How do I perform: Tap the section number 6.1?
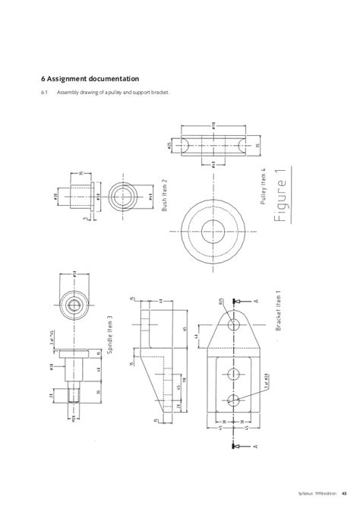coord(45,93)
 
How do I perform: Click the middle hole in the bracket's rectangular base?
coord(235,374)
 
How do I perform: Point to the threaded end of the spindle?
coord(74,395)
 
